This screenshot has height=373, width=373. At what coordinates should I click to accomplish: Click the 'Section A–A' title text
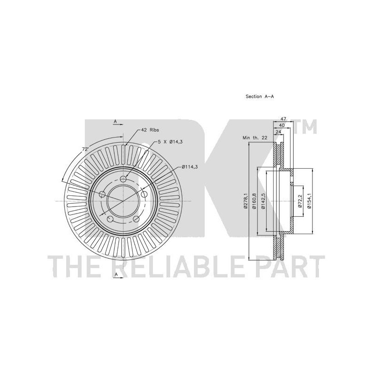coord(260,97)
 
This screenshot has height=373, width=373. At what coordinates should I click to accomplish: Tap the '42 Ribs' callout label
coord(150,130)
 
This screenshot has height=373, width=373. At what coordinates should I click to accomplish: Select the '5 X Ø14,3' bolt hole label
coord(170,142)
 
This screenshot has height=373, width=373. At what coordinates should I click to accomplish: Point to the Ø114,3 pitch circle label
coord(190,167)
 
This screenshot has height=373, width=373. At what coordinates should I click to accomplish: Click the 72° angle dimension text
coord(85,149)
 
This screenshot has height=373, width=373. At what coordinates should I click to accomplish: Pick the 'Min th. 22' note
coord(255,138)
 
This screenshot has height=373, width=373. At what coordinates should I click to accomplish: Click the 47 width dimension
coord(283,119)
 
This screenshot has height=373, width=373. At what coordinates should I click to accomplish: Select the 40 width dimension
coord(282,125)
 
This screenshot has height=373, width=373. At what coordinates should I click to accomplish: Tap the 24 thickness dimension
coord(278,131)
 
